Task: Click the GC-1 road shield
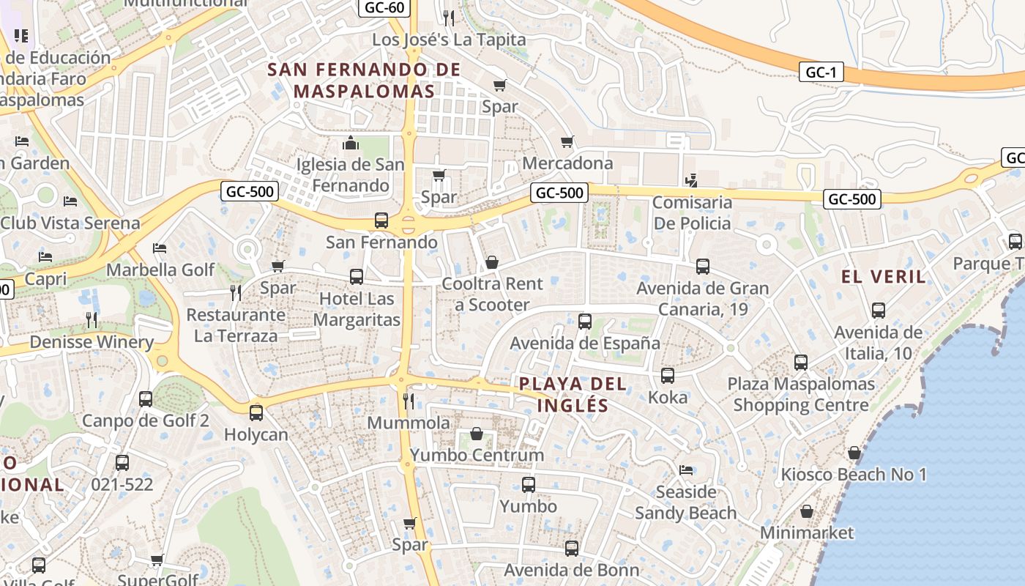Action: pyautogui.click(x=821, y=72)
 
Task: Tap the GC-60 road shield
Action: pyautogui.click(x=384, y=8)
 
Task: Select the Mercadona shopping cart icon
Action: pyautogui.click(x=567, y=141)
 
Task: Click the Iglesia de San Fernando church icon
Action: pyautogui.click(x=351, y=142)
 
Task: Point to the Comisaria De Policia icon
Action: pyautogui.click(x=691, y=179)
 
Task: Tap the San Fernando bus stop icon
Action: pyautogui.click(x=381, y=220)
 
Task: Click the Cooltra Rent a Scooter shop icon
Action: pyautogui.click(x=492, y=262)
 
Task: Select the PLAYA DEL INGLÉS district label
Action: pyautogui.click(x=573, y=394)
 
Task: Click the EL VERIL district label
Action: pyautogui.click(x=884, y=276)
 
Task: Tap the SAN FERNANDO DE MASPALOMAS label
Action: pyautogui.click(x=364, y=81)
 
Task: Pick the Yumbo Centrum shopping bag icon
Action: pyautogui.click(x=477, y=434)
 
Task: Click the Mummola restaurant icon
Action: pyautogui.click(x=409, y=401)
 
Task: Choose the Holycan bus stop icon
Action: pyautogui.click(x=256, y=412)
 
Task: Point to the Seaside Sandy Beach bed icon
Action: pyautogui.click(x=686, y=470)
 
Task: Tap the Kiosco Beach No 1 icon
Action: pyautogui.click(x=854, y=453)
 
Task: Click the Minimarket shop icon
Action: pyautogui.click(x=807, y=511)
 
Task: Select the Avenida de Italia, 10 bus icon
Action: pyautogui.click(x=879, y=310)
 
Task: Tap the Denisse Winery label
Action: pyautogui.click(x=92, y=341)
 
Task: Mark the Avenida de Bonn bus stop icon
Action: pyautogui.click(x=572, y=548)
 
